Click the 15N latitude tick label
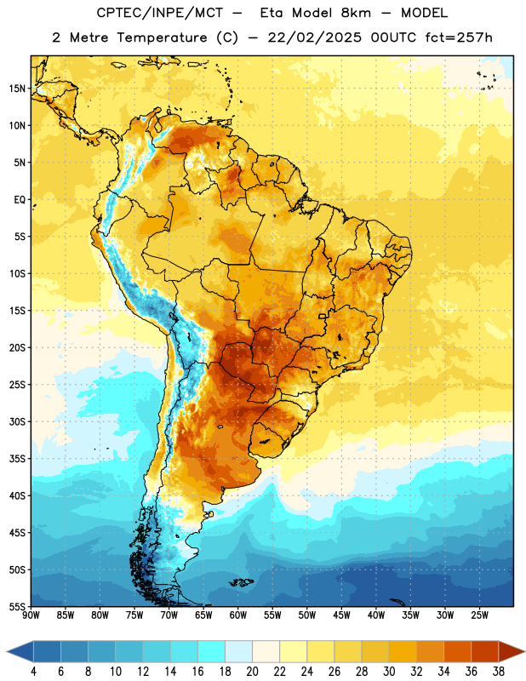[17, 89]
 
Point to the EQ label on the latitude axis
[20, 200]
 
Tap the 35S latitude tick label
[17, 459]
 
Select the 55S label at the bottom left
[17, 606]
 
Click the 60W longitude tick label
[238, 615]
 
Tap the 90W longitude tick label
[31, 615]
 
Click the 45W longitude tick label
[341, 615]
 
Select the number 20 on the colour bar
[252, 672]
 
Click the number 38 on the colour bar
[499, 672]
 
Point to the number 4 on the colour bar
[33, 672]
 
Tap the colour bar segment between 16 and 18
[211, 651]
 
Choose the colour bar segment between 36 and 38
[485, 651]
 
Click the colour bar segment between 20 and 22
[266, 651]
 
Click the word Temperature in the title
[162, 37]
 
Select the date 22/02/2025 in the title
[314, 37]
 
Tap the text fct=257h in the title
[459, 37]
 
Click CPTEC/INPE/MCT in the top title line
[159, 13]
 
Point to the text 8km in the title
[356, 13]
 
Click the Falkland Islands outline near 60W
[241, 582]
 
